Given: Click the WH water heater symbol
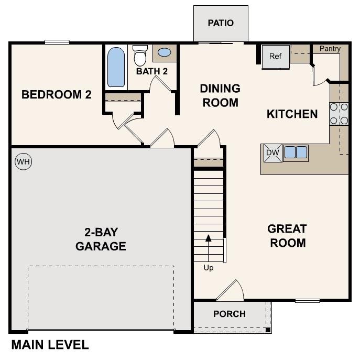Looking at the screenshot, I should (x=23, y=162).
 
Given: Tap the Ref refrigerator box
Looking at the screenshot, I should (x=276, y=56).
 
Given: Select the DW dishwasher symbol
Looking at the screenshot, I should (x=272, y=152).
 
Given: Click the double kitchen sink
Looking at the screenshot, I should (x=296, y=152).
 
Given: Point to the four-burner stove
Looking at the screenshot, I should (x=339, y=114).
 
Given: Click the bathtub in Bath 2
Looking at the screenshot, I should (x=116, y=67).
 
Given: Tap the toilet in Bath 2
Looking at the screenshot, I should (x=140, y=55).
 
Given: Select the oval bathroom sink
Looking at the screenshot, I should (x=164, y=53).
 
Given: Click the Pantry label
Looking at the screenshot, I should (x=330, y=49).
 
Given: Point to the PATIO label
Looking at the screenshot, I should (x=221, y=23).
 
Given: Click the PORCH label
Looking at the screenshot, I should (x=230, y=314).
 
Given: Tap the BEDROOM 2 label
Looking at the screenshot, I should (x=57, y=95).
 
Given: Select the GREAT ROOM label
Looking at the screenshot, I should (x=287, y=236).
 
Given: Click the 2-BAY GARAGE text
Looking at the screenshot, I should (x=101, y=239).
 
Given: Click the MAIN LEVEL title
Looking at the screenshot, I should (x=50, y=345).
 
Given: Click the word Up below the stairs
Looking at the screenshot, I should (x=209, y=268).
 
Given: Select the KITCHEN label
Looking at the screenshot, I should (x=292, y=114).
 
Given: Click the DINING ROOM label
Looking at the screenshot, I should (x=220, y=95).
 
